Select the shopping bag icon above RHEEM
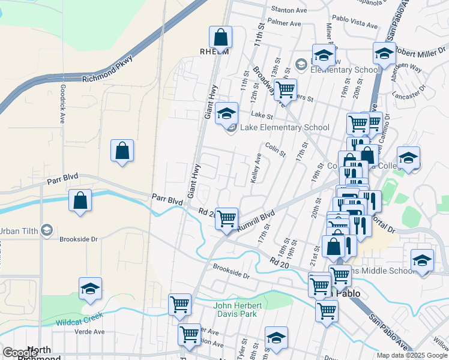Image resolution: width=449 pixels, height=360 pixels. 220,37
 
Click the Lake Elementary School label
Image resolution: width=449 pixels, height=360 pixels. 285,127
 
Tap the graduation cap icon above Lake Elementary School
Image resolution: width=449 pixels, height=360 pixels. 226,113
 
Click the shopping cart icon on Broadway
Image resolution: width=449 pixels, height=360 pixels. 285,89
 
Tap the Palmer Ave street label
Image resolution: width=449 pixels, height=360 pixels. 285,23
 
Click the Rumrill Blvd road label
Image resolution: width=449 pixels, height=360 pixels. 256,220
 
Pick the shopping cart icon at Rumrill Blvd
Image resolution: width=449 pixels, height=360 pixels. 226,219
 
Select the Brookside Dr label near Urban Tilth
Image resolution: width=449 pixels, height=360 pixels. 78,239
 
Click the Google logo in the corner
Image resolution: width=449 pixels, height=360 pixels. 20,353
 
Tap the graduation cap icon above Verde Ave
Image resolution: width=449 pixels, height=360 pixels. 90,289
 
